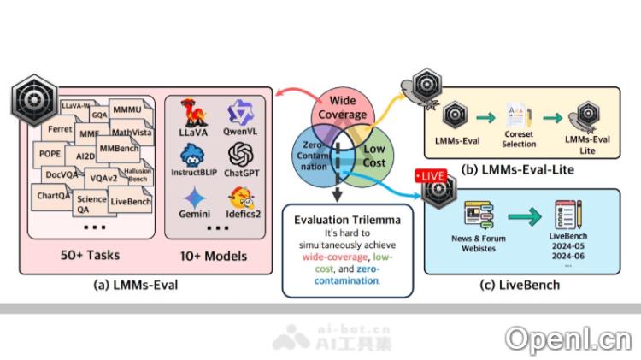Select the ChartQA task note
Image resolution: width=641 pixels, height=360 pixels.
click(53, 195)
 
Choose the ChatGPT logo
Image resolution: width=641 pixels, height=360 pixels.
click(242, 156)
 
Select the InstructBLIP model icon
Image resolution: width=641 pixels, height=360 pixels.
click(191, 157)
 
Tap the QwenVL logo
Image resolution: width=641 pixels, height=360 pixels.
click(242, 115)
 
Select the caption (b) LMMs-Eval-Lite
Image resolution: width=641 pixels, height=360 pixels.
click(517, 170)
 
